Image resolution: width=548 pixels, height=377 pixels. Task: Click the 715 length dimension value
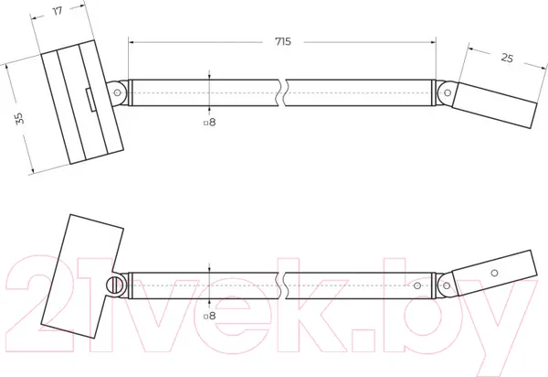(283, 42)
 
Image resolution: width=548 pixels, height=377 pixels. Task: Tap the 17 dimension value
(58, 11)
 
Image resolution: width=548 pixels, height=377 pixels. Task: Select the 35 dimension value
(20, 118)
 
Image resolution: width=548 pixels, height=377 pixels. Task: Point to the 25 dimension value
(507, 58)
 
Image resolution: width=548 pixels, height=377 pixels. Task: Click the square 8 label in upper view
(210, 123)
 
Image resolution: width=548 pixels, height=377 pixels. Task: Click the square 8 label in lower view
(210, 316)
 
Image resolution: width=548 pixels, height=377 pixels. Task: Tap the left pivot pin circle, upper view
(118, 92)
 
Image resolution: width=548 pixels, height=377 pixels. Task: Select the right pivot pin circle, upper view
(448, 92)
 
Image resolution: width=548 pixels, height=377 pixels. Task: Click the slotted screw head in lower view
(113, 285)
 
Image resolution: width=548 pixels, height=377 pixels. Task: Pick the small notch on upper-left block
(90, 100)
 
